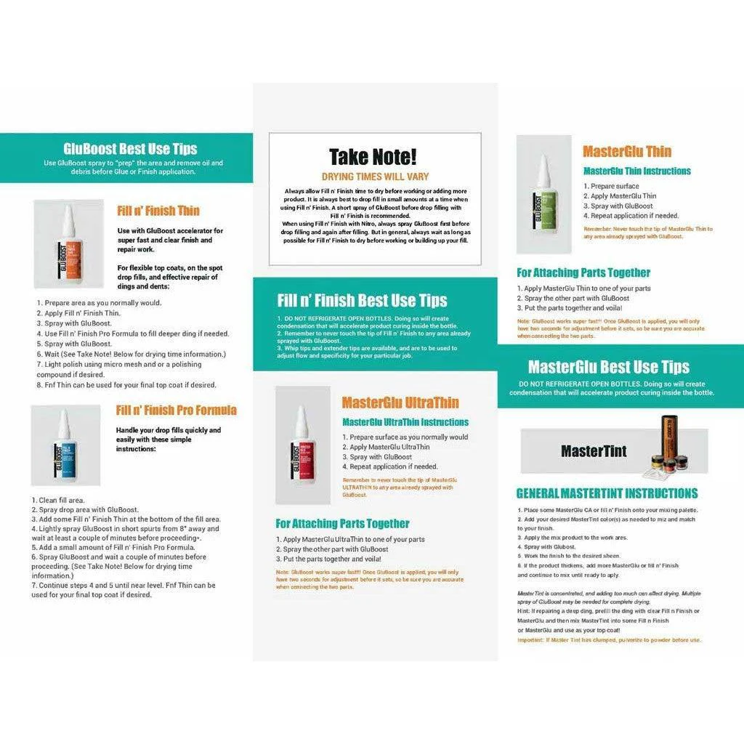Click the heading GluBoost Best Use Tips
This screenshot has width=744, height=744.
tap(130, 149)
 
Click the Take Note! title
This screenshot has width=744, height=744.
tap(373, 157)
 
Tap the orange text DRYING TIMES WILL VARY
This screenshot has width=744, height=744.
tap(375, 177)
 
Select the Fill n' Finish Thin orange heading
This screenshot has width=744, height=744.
tap(158, 211)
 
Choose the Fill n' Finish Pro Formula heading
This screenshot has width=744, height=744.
tap(176, 411)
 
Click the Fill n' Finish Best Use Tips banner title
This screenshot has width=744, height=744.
tap(362, 300)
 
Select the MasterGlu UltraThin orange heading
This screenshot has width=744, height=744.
tap(400, 403)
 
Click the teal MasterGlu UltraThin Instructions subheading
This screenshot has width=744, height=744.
tap(405, 422)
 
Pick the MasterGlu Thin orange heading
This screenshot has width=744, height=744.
tap(627, 152)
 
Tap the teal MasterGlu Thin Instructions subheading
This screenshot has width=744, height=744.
tap(637, 171)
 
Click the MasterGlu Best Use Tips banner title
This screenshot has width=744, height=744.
tap(609, 367)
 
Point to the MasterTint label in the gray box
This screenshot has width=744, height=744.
tap(594, 451)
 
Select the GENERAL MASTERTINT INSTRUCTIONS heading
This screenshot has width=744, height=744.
tap(607, 493)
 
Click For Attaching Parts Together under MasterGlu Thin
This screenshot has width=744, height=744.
tap(583, 273)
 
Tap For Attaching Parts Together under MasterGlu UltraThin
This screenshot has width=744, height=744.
tap(342, 524)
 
